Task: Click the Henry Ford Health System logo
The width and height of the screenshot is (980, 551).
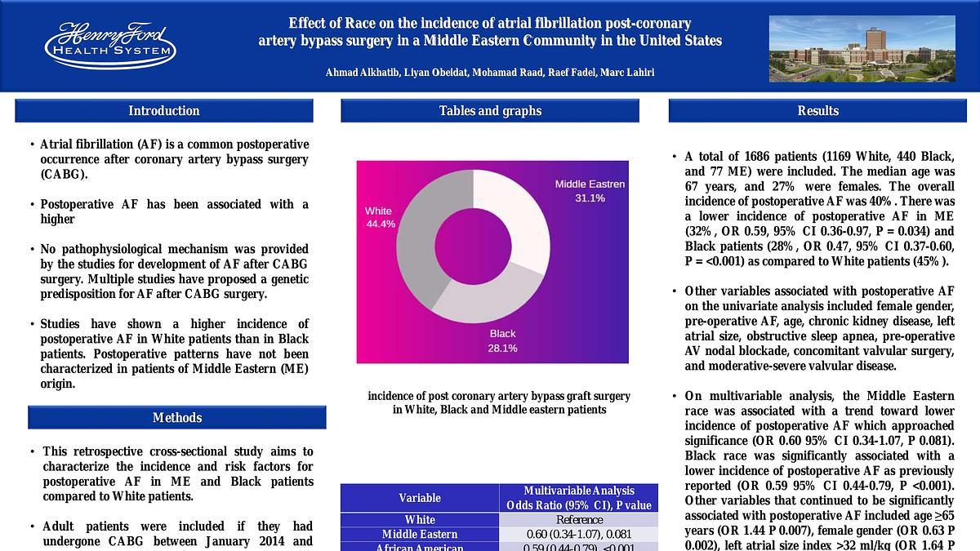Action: click(110, 45)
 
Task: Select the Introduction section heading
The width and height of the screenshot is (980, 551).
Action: click(163, 111)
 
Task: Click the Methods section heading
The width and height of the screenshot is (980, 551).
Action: click(177, 418)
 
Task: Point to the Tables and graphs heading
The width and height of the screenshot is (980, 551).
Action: click(490, 111)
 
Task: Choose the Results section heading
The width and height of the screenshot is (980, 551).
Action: click(817, 111)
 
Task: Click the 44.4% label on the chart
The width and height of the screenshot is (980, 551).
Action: click(381, 224)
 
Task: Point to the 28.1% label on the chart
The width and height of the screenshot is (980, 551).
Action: click(503, 349)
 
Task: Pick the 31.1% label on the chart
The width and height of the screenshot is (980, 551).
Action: click(590, 198)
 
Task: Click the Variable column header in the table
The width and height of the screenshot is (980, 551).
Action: click(420, 498)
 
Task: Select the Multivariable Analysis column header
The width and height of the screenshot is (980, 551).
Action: click(578, 498)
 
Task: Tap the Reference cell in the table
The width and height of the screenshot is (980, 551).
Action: click(578, 520)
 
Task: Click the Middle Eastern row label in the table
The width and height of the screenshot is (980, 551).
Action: click(420, 535)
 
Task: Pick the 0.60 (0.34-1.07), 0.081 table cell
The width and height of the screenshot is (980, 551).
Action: click(578, 535)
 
